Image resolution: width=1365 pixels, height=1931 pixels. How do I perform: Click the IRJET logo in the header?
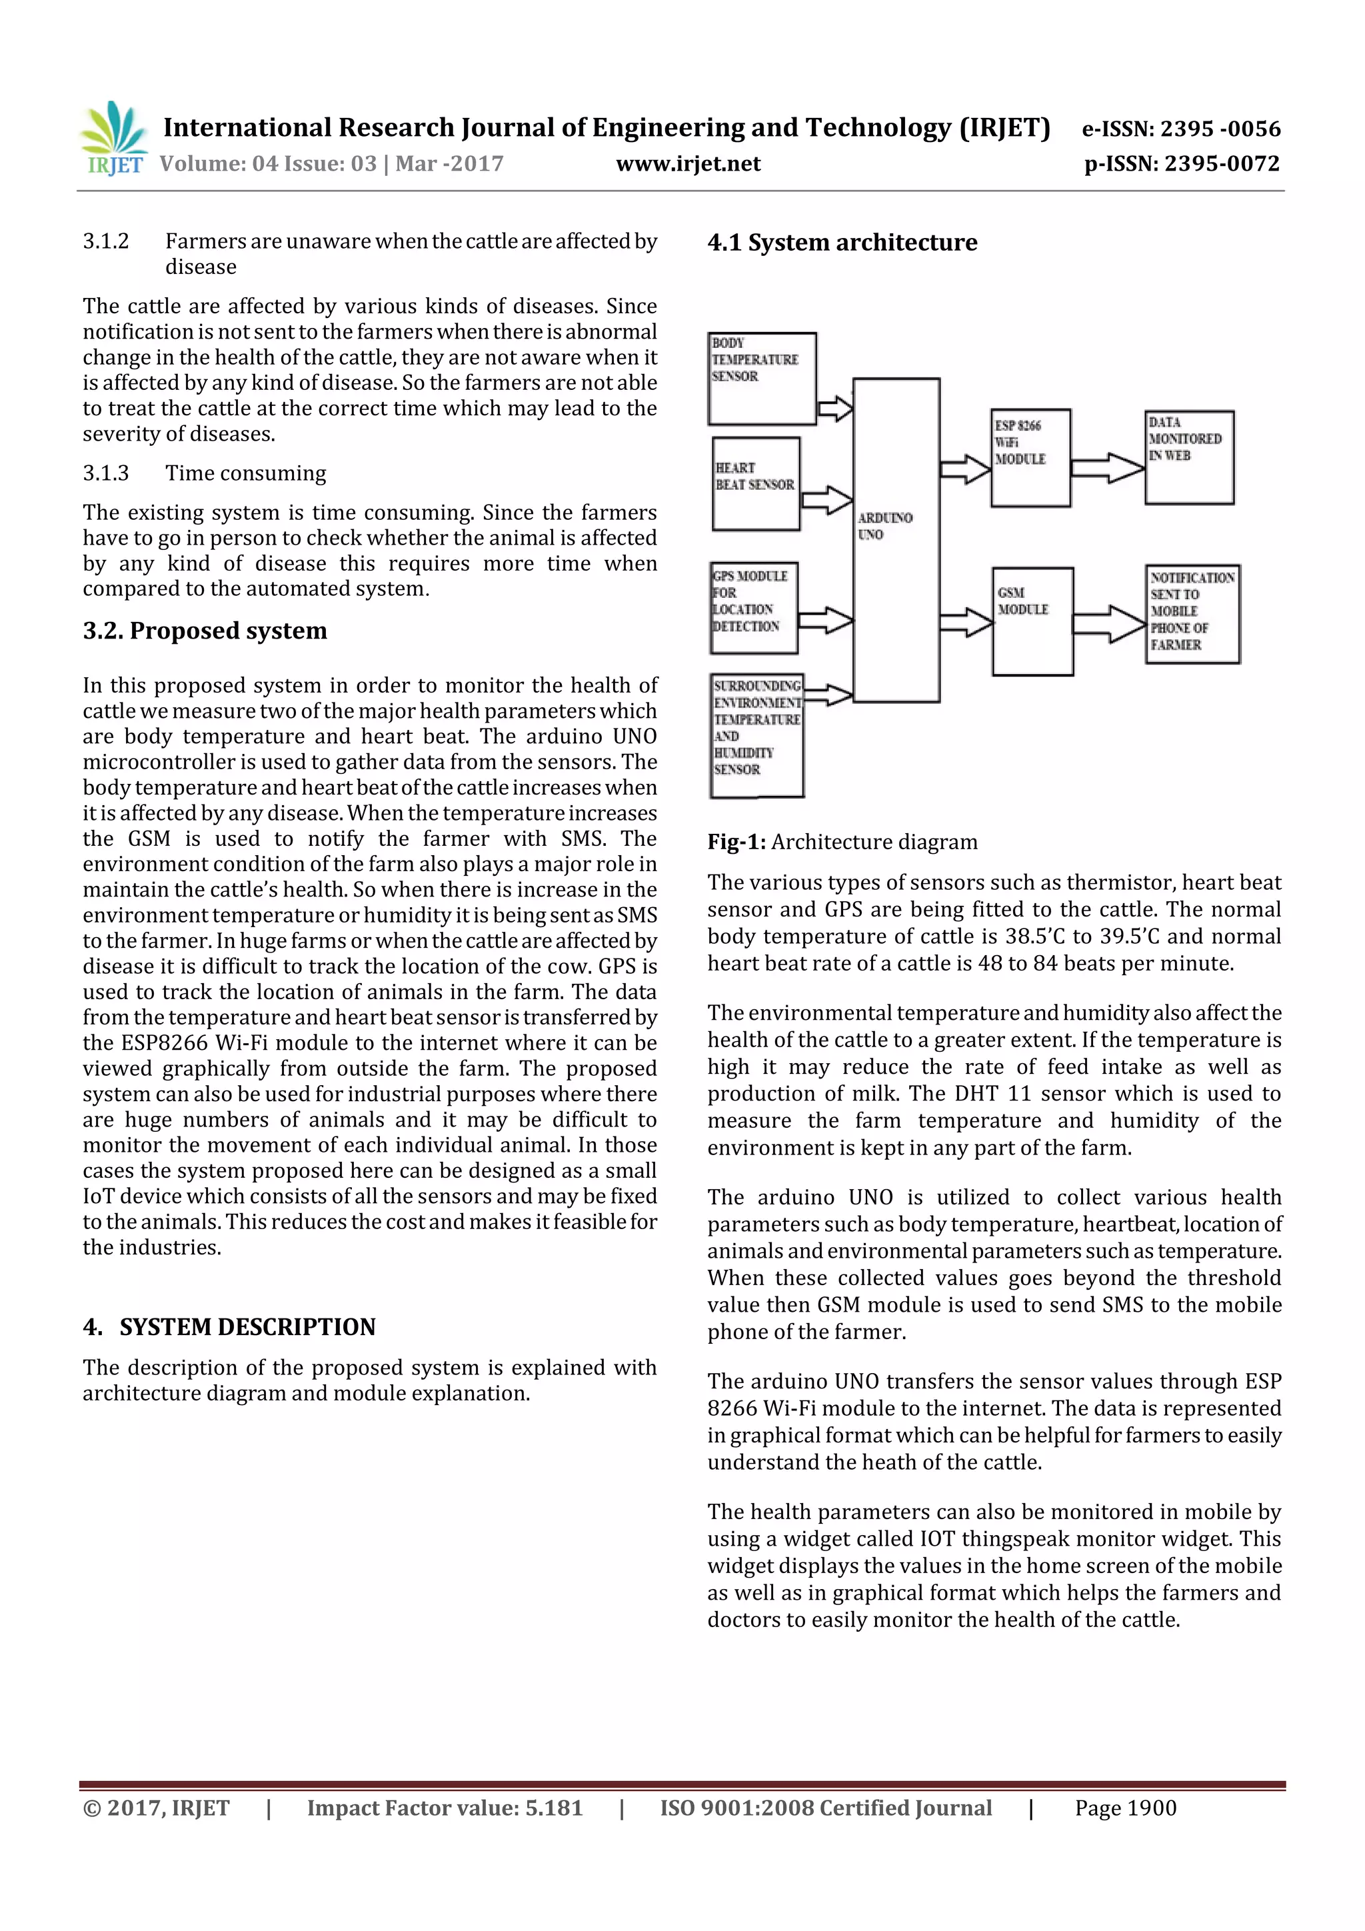113,139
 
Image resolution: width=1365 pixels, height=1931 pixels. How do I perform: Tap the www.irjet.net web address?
687,164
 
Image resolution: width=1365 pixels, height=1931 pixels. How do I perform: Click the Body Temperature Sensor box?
762,379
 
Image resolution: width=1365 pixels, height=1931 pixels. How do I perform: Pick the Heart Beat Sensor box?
755,484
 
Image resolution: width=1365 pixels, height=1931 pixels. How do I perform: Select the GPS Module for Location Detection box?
754,608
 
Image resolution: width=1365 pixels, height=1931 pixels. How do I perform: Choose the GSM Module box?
1032,621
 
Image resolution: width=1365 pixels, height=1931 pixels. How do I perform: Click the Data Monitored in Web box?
1188,457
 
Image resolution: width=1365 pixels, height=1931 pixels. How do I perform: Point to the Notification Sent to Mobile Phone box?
1191,613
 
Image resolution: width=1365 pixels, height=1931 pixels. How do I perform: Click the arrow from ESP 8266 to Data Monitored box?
1108,468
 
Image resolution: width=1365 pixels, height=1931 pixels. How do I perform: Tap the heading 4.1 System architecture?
842,243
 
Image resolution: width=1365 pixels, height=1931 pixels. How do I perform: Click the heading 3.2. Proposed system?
205,631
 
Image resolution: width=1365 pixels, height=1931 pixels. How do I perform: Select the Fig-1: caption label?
736,842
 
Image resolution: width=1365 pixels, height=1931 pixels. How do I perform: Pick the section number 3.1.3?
106,473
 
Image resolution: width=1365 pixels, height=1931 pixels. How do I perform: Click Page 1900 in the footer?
1124,1808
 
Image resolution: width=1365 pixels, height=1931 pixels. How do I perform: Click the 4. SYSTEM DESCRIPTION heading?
229,1326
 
